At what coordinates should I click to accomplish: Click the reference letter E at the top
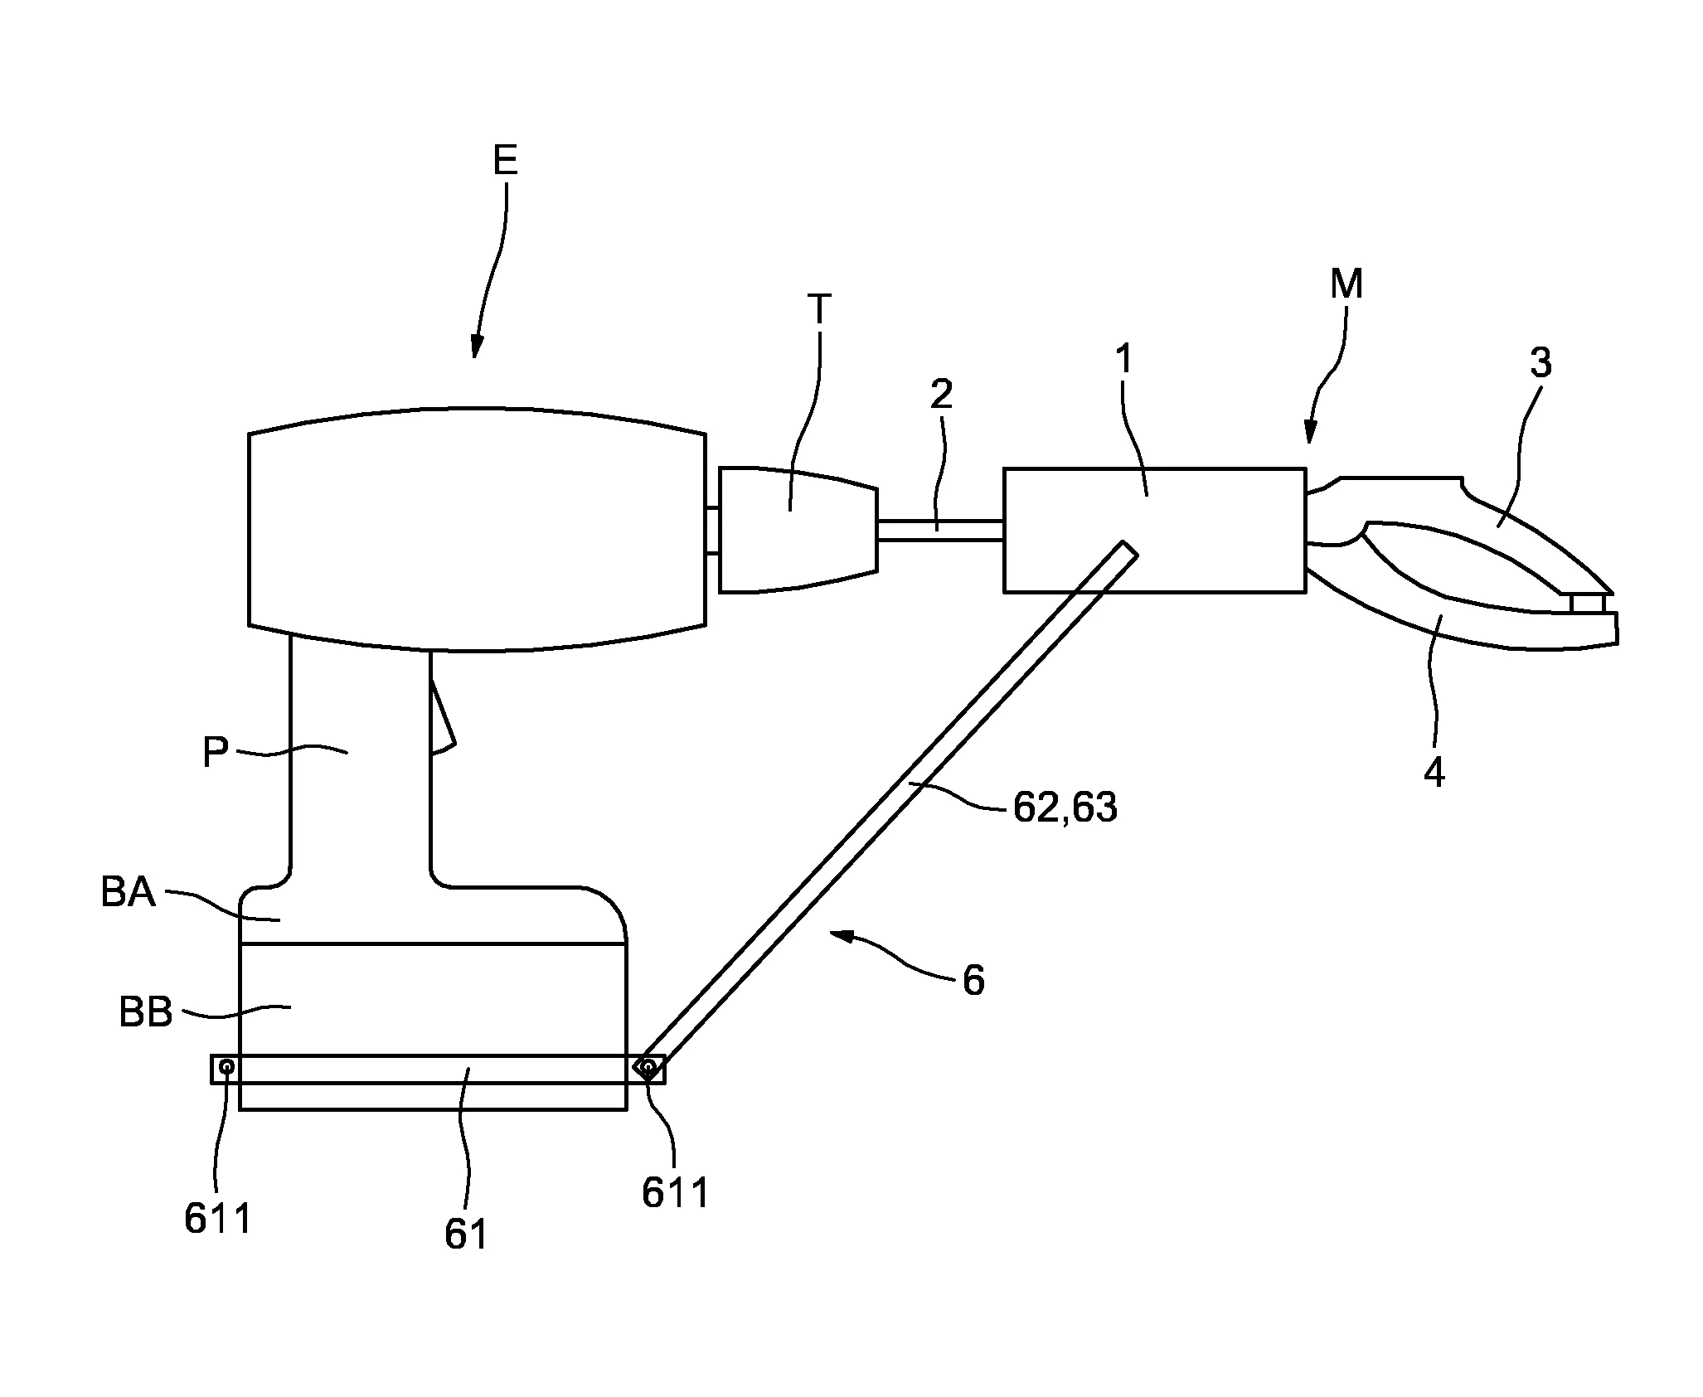click(505, 160)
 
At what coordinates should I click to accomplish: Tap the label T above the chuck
click(818, 309)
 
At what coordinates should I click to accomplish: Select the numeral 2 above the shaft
click(941, 395)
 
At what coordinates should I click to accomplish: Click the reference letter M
click(1346, 285)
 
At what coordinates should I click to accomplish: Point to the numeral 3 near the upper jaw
click(1540, 363)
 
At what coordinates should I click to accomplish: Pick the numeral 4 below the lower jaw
click(1434, 773)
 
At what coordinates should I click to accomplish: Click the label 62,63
click(1065, 808)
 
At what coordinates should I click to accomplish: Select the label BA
click(129, 894)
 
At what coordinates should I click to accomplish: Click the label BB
click(146, 1012)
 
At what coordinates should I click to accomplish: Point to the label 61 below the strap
click(466, 1235)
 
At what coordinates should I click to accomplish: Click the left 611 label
click(217, 1218)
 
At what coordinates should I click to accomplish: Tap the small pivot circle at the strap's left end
click(226, 1067)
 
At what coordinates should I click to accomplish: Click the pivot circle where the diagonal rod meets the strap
click(648, 1067)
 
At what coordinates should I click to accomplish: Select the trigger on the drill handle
click(442, 721)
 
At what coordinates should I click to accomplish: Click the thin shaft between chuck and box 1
click(940, 531)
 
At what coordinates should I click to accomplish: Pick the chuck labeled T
click(796, 531)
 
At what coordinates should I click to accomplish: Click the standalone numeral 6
click(973, 981)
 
